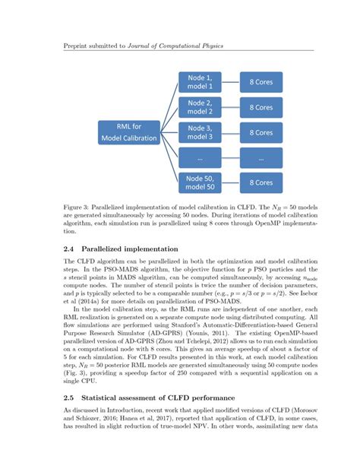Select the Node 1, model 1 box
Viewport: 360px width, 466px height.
[200, 82]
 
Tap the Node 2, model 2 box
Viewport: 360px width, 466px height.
[200, 107]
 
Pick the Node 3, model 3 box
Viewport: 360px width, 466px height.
[200, 132]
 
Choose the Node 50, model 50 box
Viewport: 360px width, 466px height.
[200, 182]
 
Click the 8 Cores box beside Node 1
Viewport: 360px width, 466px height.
[261, 82]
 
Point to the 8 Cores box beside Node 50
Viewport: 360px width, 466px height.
[261, 182]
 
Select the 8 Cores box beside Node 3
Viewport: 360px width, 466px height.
[261, 132]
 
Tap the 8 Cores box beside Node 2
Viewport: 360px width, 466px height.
[261, 107]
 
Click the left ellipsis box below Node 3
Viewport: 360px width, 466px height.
[200, 157]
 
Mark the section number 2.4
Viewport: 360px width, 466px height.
[69, 249]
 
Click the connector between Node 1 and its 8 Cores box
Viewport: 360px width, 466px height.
[230, 82]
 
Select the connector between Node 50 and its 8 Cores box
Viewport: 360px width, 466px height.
[230, 182]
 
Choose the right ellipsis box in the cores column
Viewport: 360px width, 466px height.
[261, 157]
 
